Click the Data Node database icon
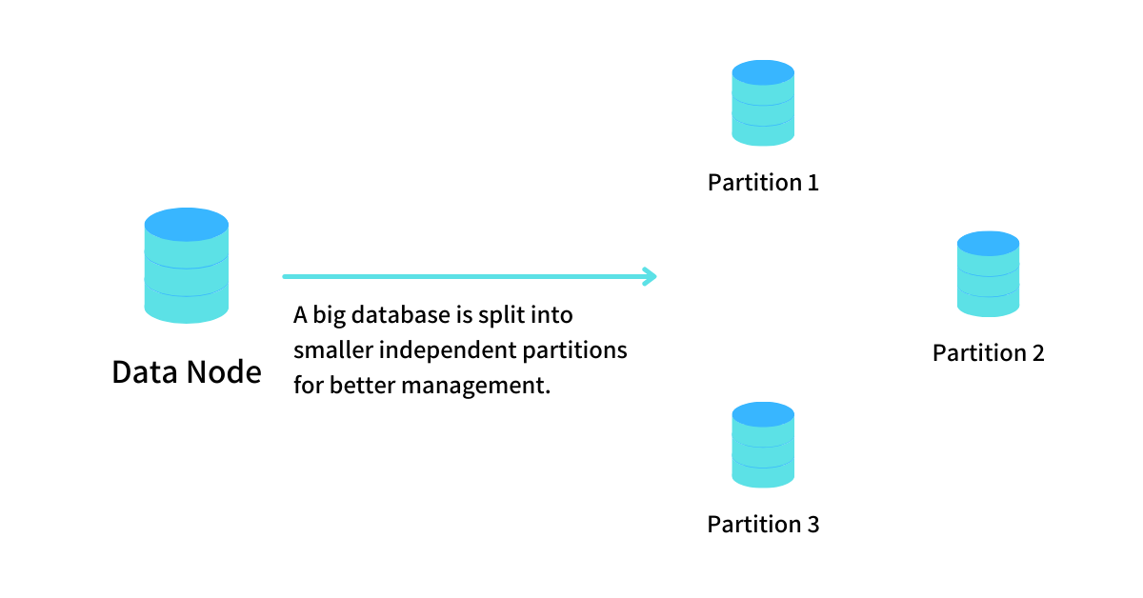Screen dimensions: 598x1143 pos(187,266)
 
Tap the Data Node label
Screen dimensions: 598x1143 pos(187,371)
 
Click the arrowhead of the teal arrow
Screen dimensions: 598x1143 pos(651,277)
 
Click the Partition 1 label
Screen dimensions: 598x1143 pos(763,182)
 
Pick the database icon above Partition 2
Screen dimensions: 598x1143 pos(988,274)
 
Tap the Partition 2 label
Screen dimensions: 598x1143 pos(988,353)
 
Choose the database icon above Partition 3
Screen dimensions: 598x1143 pos(763,445)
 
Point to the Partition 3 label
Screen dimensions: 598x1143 pos(763,524)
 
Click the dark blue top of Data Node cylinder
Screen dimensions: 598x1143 pos(187,225)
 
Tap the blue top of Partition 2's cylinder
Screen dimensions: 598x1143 pos(988,243)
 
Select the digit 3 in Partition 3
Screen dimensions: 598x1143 pos(812,524)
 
